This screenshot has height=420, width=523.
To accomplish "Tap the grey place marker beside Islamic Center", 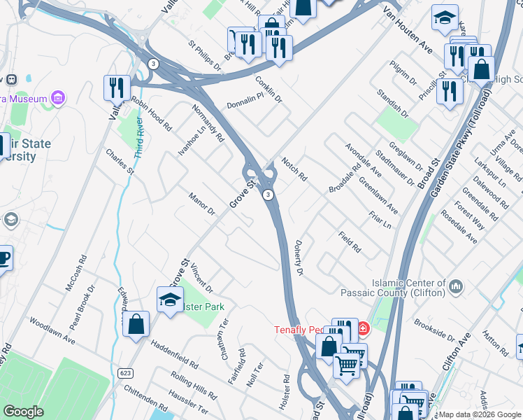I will (x=457, y=286).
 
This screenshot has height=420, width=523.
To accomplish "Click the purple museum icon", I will (x=58, y=97).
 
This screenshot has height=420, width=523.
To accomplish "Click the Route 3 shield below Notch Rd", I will (x=268, y=195).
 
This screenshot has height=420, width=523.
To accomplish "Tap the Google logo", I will (x=23, y=412).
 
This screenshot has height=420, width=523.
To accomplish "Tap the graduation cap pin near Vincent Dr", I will (x=170, y=300).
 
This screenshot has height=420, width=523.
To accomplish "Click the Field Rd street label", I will (x=349, y=242).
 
